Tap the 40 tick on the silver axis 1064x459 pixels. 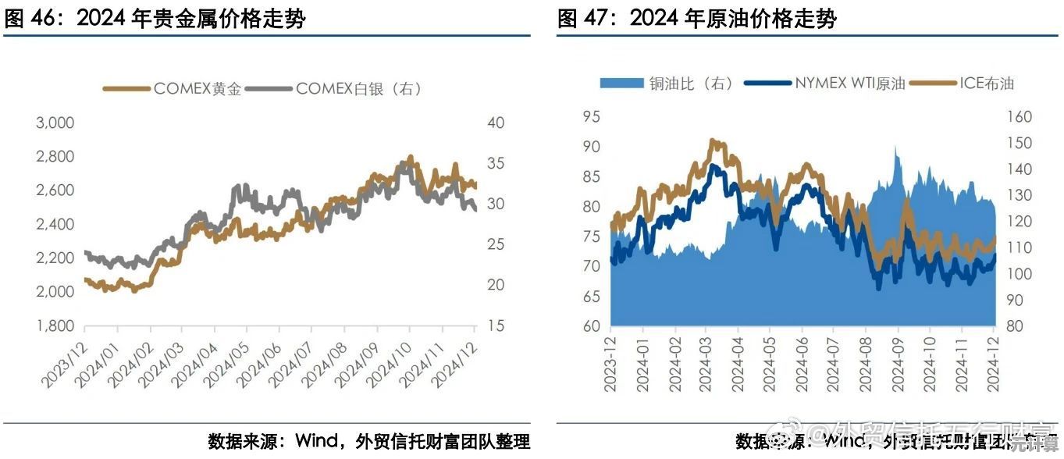497,123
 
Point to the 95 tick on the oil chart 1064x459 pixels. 591,117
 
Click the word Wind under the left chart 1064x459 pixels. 316,441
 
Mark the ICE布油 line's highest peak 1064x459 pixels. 712,141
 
